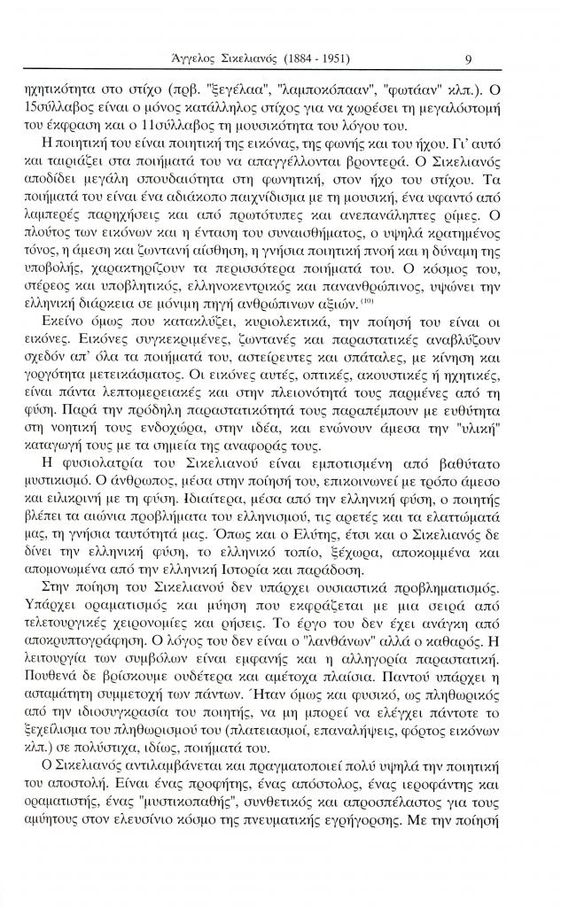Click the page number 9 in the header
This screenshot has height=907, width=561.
467,59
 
